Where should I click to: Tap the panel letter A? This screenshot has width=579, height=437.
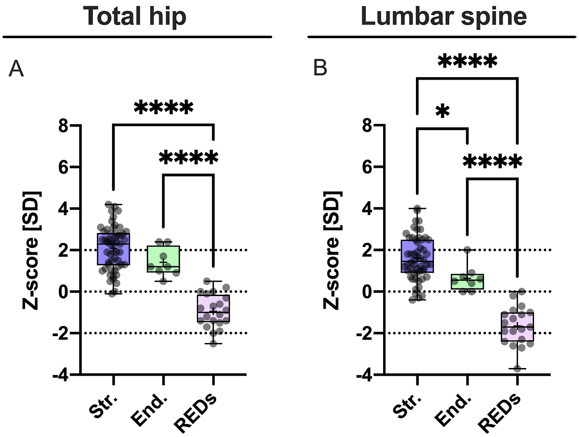(16, 69)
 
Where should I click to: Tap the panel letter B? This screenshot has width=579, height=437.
(320, 69)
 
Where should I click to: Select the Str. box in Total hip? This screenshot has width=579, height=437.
(113, 249)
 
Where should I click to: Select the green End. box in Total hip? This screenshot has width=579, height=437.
(164, 259)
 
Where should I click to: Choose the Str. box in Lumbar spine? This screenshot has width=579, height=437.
(417, 256)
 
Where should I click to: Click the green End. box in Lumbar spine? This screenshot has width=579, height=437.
(468, 282)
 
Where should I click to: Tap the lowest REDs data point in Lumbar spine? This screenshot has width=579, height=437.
(517, 369)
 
